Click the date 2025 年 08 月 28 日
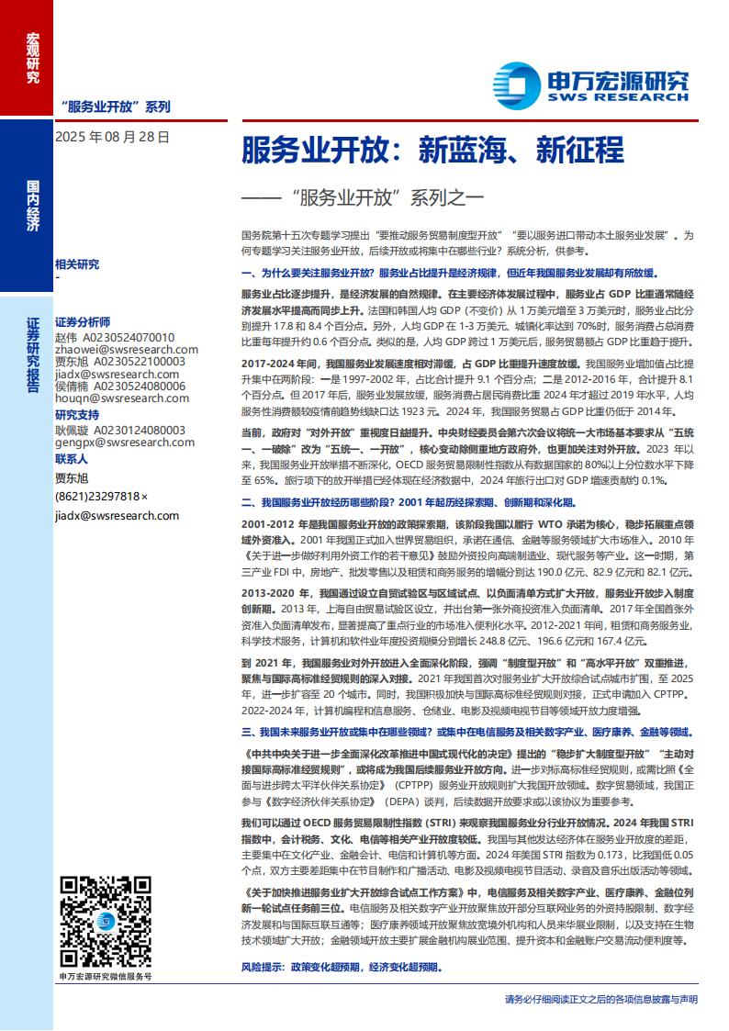click(113, 137)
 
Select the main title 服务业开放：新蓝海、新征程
click(432, 149)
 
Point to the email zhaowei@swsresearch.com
click(114, 350)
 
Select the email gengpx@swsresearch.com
click(115, 442)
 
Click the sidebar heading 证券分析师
click(83, 323)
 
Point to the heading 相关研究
click(77, 264)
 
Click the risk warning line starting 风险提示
click(341, 968)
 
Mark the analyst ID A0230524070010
click(129, 337)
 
